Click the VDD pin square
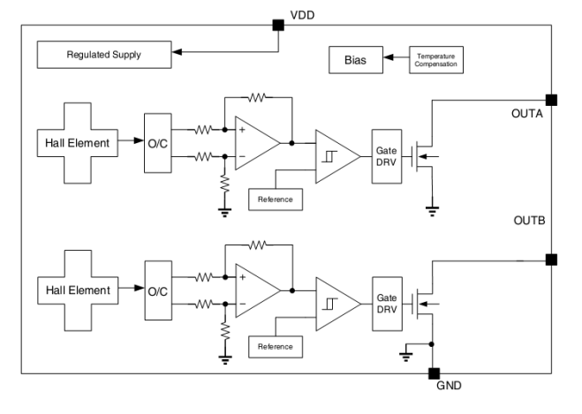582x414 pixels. coord(278,26)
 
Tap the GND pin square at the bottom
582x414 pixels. coord(434,373)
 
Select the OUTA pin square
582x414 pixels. coord(551,100)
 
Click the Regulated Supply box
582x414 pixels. coord(104,55)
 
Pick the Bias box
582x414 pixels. coord(356,60)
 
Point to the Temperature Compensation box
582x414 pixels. coord(436,60)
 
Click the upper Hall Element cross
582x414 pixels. coord(78,143)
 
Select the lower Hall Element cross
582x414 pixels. coord(78,290)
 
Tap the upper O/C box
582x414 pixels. coord(158,143)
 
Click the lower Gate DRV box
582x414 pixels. coord(387,304)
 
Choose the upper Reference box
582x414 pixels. coord(276,199)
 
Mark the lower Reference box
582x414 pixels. coord(276,347)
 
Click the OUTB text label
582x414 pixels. coord(529,221)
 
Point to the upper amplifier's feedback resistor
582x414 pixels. coord(257,98)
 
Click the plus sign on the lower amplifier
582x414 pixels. coord(242,277)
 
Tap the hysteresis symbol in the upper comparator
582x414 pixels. coord(329,157)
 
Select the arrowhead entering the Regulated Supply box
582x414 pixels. coord(177,52)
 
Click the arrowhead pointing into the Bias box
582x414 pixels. coord(389,57)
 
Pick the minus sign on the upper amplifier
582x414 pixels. coord(242,156)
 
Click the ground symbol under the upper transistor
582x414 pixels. coord(432,211)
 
